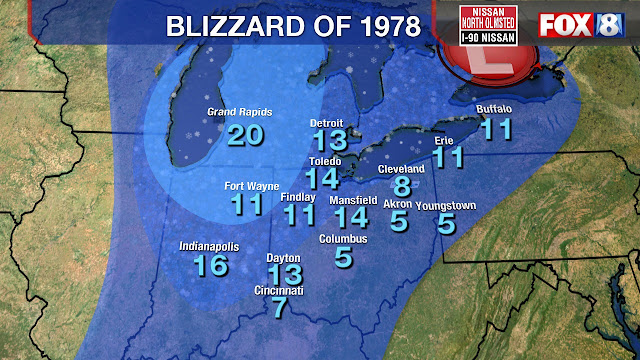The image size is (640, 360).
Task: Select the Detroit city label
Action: pos(326,123)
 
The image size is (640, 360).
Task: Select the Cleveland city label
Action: pos(401,170)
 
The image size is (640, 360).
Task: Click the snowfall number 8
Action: pos(402,187)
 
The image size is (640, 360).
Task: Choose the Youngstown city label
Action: pos(445,206)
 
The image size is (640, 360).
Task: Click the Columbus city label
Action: pos(344,239)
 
